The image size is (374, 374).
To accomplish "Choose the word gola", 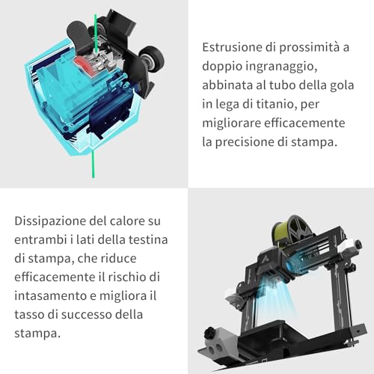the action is [343, 86].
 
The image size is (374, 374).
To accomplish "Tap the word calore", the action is [127, 221].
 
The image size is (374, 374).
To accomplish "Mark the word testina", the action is [148, 240].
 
